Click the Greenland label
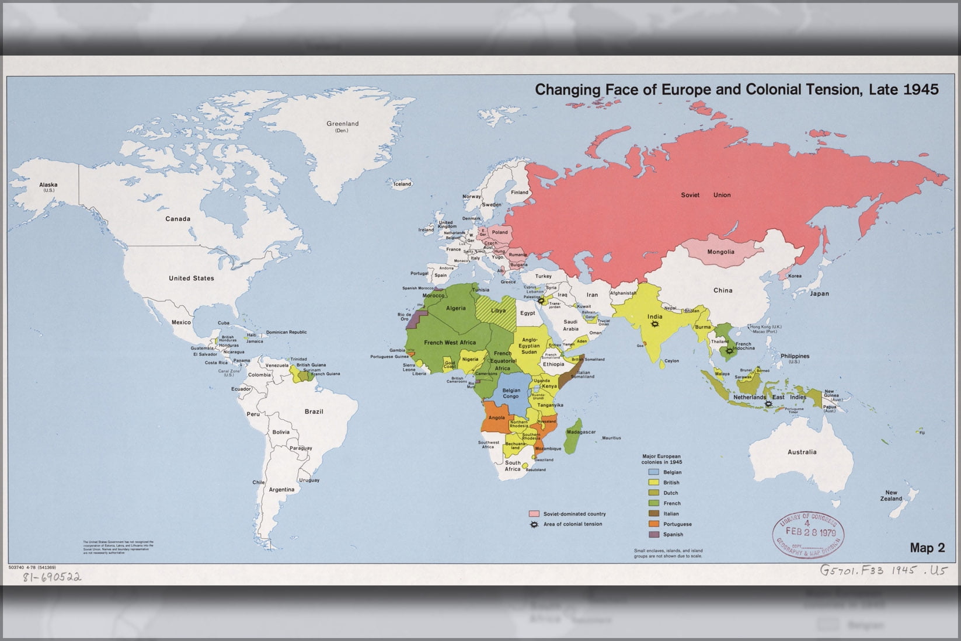point(343,124)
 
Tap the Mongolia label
point(720,252)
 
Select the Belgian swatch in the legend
point(654,472)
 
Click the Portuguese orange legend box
point(654,524)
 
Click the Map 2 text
point(927,548)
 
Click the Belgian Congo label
point(511,393)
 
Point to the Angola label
point(496,418)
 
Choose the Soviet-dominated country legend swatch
point(534,514)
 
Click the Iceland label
point(402,184)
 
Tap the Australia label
point(802,452)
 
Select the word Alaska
point(48,184)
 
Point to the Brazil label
point(314,412)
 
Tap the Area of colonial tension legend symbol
point(533,524)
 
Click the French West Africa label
point(450,343)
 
